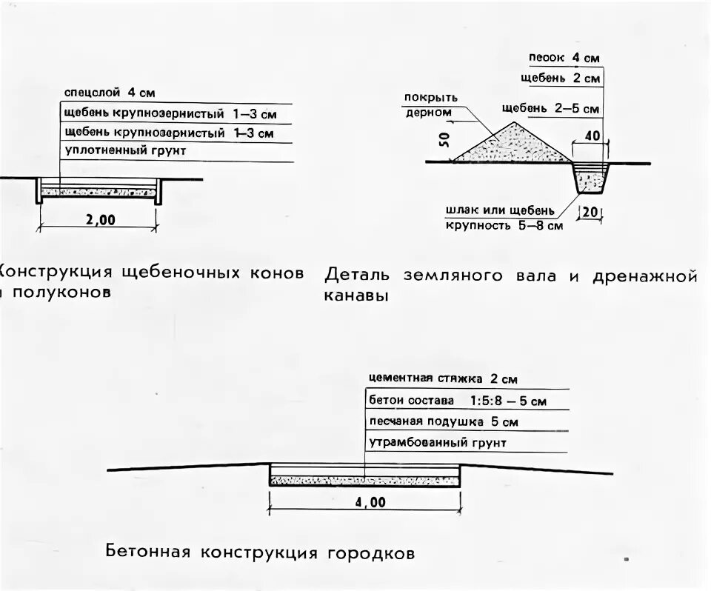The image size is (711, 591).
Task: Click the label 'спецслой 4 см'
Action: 110,93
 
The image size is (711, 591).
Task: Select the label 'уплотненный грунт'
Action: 125,151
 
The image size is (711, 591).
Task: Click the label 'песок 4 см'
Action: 564,57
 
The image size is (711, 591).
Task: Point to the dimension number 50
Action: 444,141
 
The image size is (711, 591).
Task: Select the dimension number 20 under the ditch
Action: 590,212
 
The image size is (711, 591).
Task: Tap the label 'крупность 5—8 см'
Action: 504,225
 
